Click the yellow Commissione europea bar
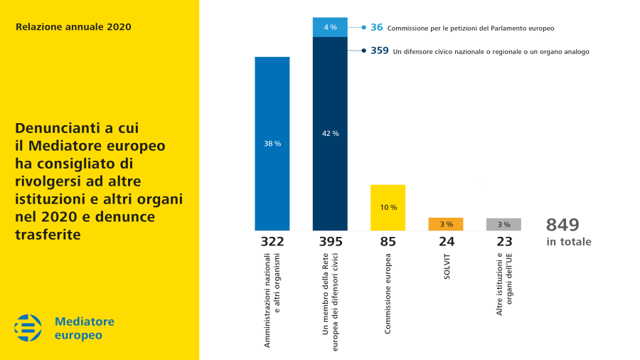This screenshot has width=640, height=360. [388, 208]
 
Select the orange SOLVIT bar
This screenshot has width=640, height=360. [446, 224]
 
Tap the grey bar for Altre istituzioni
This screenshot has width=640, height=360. [504, 224]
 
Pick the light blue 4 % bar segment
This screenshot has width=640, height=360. [330, 27]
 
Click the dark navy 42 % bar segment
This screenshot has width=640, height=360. [330, 133]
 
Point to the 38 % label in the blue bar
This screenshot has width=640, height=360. [272, 144]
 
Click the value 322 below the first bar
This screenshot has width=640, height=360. [272, 242]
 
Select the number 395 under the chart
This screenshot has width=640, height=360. [330, 242]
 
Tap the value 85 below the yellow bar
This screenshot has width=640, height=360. [388, 242]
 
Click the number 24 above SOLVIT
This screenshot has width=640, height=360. [446, 242]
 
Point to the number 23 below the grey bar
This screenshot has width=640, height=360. [504, 242]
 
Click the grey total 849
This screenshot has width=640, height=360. [563, 225]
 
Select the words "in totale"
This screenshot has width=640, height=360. [569, 242]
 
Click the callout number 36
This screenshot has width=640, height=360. [377, 27]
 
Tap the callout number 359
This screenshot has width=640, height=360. [380, 51]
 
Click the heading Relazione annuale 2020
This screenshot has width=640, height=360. [73, 27]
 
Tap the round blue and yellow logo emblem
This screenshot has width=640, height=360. [28, 327]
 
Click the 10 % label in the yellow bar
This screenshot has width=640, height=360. [388, 208]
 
